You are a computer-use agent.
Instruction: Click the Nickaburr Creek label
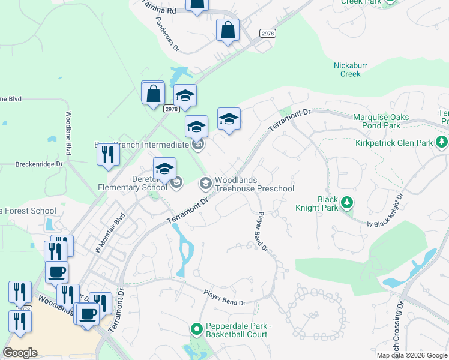click(350, 70)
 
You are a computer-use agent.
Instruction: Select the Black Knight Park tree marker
click(346, 203)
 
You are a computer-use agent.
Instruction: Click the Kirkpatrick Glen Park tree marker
click(442, 142)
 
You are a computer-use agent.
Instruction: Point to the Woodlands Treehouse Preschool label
click(255, 184)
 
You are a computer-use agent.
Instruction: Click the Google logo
click(20, 353)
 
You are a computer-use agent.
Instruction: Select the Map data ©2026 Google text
click(412, 355)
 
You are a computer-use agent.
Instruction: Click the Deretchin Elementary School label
click(131, 182)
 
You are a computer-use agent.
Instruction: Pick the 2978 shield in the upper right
click(268, 34)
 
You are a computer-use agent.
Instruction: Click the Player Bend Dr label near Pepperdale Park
click(224, 299)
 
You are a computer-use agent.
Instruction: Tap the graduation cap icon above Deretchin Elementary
click(164, 169)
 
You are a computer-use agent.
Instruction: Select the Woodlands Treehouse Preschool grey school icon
click(205, 182)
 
